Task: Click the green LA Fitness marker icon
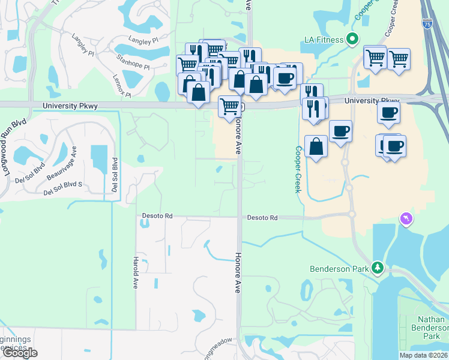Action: pos(354,40)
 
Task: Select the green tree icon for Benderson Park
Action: pos(378,268)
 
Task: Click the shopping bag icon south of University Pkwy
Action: pos(316,146)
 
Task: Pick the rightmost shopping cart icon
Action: pos(399,59)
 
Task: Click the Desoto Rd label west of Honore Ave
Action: pos(157,216)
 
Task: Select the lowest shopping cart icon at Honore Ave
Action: pos(229,106)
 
